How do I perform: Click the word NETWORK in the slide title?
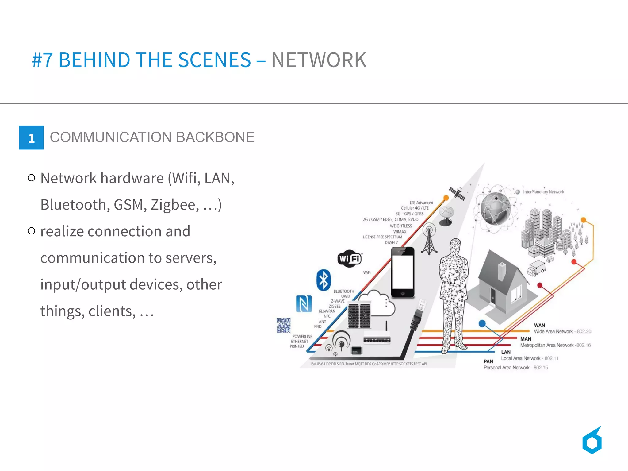coord(319,60)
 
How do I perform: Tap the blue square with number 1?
coord(31,138)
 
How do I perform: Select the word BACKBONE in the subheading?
coord(215,137)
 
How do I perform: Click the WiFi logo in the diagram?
coord(350,259)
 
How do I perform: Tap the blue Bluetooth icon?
coord(324,280)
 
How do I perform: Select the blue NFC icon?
coord(304,303)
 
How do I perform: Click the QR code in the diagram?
coord(283,325)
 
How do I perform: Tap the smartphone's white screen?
coord(402,272)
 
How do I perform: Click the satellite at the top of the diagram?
coord(457,194)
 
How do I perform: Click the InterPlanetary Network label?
coord(543,192)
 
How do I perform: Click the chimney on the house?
coord(502,271)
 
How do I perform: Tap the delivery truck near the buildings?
coord(536,268)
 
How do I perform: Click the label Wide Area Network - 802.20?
coord(562,331)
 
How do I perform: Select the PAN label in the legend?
coord(488,361)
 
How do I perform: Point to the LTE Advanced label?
coord(421,203)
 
